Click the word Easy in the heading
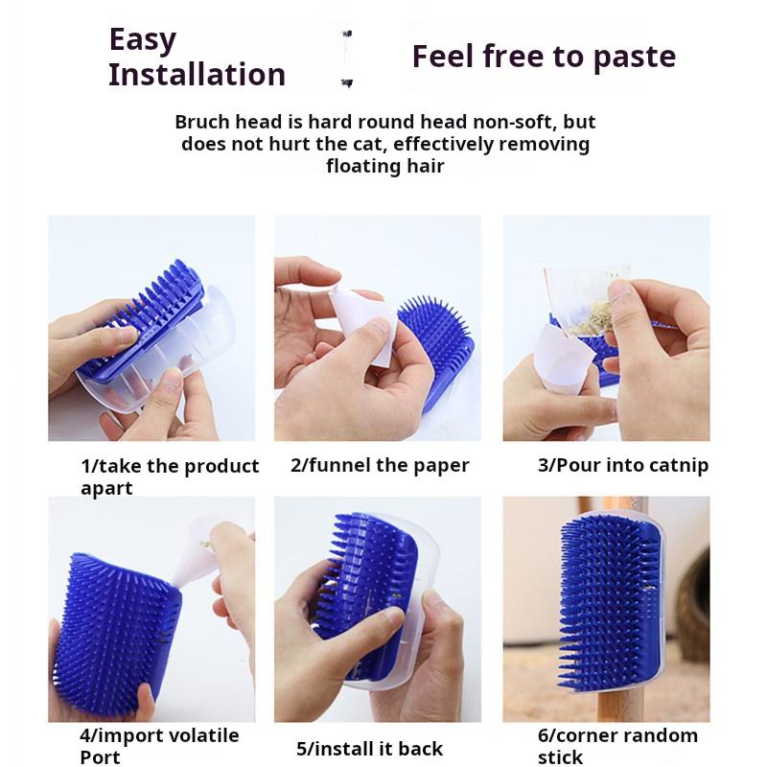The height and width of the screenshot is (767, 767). tap(143, 40)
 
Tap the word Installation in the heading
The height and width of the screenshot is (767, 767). tap(197, 75)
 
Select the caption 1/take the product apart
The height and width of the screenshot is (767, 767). tap(169, 476)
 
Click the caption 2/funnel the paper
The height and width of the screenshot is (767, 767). tap(380, 466)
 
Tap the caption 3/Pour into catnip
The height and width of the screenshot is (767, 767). tap(623, 466)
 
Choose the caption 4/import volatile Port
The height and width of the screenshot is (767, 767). tap(159, 747)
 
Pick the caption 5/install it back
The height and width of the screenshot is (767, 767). tap(369, 749)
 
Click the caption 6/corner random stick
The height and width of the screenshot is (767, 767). tap(617, 747)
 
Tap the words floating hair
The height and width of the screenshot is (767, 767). tap(385, 166)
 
